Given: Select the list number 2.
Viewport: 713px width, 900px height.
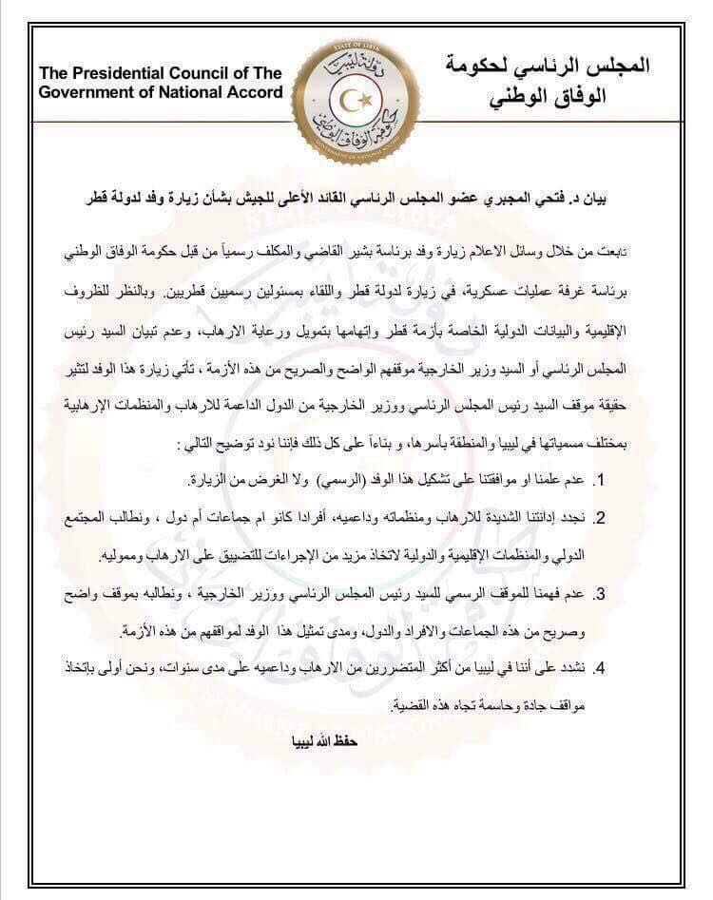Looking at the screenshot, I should click(x=602, y=517).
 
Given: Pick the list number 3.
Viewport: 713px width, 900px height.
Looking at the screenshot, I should click(x=602, y=593).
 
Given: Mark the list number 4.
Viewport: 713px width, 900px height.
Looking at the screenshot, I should click(x=602, y=668).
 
